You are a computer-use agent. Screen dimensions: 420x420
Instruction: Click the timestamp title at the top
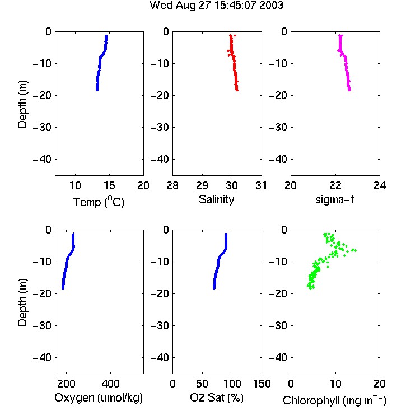point(216,5)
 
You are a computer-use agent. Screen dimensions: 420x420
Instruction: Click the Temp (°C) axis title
point(99,202)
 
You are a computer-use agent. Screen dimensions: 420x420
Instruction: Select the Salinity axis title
point(216,199)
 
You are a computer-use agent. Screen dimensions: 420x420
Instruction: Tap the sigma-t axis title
point(334,199)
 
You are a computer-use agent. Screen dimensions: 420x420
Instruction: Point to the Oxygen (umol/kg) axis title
point(99,398)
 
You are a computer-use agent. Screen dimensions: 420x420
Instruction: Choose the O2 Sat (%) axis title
point(217,398)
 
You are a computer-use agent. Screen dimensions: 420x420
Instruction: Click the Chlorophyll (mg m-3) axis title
point(334,400)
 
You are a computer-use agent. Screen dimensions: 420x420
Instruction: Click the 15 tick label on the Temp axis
point(109,185)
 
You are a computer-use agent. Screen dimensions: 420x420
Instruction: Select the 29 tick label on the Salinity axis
point(202,185)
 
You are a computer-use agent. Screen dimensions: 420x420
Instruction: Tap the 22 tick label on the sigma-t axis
point(335,185)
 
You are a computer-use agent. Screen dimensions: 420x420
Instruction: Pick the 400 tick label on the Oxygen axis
point(111,384)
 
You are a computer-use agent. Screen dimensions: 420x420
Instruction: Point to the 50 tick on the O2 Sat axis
point(202,384)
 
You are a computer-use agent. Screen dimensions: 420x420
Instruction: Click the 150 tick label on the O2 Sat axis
point(262,384)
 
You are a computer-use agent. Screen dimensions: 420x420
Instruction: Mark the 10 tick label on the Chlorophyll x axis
point(335,384)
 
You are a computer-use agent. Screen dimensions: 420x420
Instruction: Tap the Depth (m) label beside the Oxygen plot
point(23,302)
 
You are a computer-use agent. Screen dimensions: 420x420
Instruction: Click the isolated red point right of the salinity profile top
point(235,35)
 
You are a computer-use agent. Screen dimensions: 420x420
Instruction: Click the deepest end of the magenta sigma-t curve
point(349,90)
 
